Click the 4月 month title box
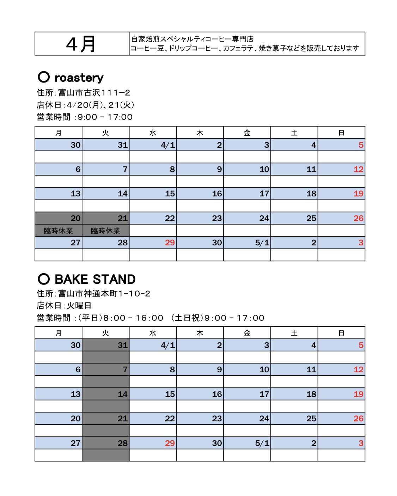[x=82, y=44]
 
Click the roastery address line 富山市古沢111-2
[x=84, y=93]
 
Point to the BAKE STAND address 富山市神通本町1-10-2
[x=93, y=293]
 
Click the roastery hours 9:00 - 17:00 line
[x=85, y=117]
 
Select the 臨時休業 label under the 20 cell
[x=59, y=231]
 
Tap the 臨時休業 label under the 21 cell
[x=105, y=231]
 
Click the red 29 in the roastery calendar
[x=170, y=243]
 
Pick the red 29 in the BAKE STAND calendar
[x=170, y=443]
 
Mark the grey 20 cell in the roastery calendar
[x=59, y=218]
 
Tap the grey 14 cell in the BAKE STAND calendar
[x=106, y=394]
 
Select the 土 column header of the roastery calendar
[x=294, y=133]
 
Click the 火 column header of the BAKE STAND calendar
[x=105, y=333]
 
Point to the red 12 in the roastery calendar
[x=358, y=169]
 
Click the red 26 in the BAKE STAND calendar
[x=358, y=418]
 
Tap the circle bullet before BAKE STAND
[x=43, y=279]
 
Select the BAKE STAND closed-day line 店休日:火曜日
[x=64, y=305]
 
